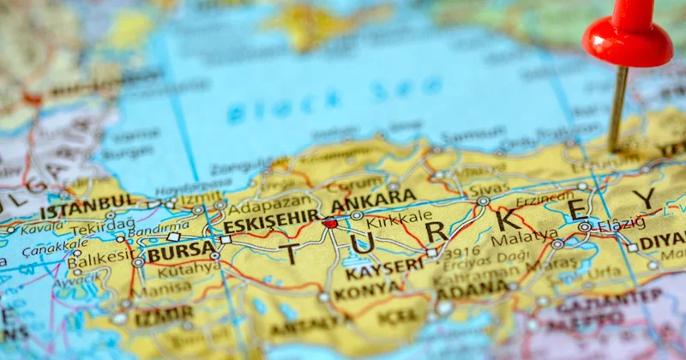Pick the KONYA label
368,291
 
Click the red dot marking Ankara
330,223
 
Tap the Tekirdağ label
103,227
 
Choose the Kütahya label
189,269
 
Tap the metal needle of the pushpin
617,107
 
